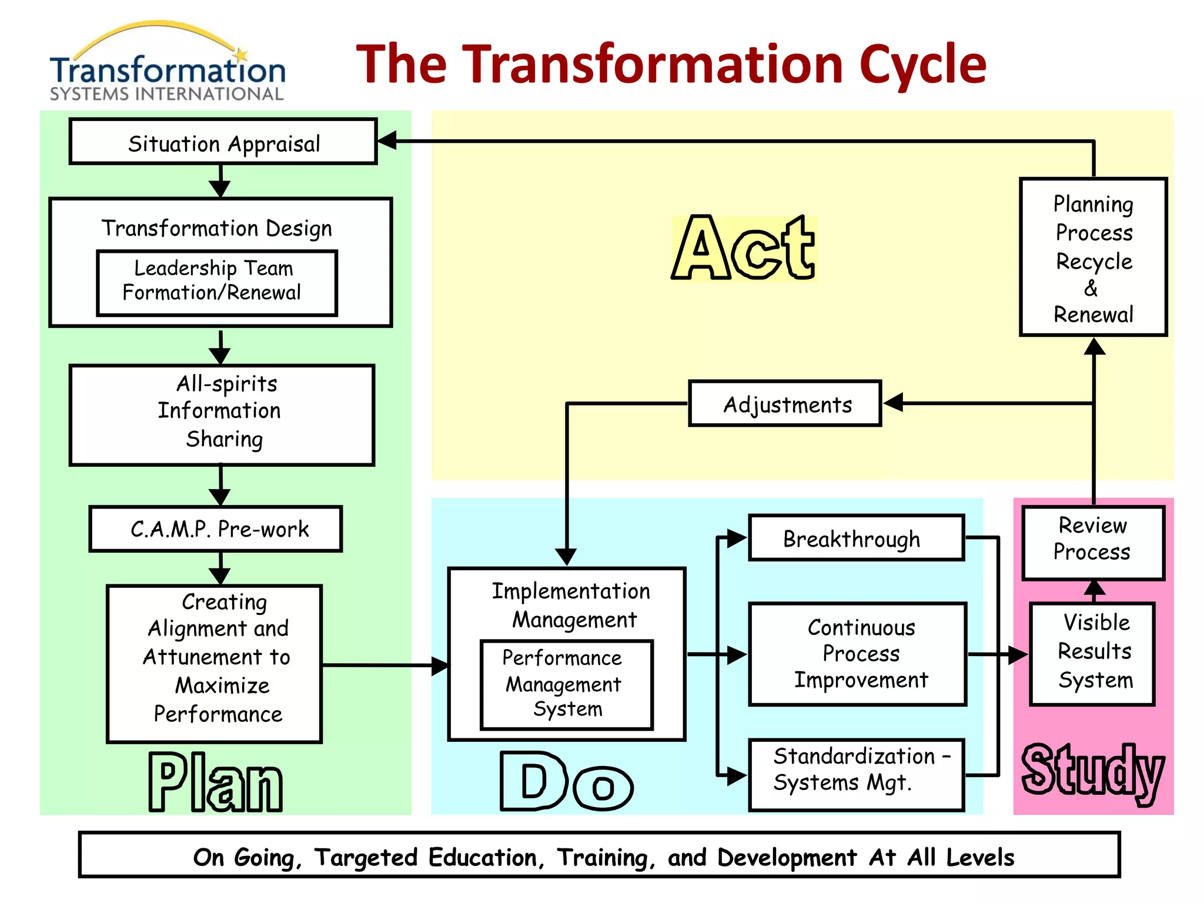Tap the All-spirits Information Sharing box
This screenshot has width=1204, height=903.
click(x=222, y=415)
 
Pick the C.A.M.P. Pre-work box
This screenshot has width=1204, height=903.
click(x=216, y=529)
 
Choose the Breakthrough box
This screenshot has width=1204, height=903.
click(x=856, y=538)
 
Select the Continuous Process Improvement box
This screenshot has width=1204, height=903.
click(x=857, y=654)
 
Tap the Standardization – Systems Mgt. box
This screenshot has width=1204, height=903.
click(x=856, y=774)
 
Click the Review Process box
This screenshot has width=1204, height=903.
click(x=1093, y=542)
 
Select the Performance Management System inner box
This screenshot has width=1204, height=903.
click(x=566, y=685)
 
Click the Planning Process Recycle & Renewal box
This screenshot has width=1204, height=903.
click(x=1093, y=257)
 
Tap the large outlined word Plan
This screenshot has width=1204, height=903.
click(x=215, y=782)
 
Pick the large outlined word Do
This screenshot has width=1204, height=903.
click(x=566, y=781)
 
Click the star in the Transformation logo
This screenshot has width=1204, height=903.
click(x=241, y=55)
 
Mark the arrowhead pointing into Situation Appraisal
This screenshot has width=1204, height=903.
click(x=386, y=141)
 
